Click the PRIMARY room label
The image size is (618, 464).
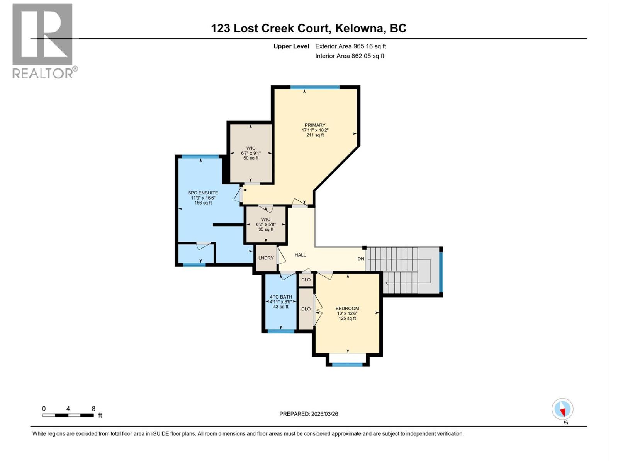[315, 125]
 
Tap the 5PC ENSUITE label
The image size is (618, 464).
[203, 193]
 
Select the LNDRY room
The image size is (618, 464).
[266, 258]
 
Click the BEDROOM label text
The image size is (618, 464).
[347, 309]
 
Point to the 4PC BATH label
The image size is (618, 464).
[281, 297]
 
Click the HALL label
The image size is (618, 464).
[300, 255]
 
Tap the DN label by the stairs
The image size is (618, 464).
[360, 259]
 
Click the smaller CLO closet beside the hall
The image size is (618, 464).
[306, 280]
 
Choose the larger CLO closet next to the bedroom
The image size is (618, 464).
[306, 309]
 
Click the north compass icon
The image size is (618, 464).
[562, 409]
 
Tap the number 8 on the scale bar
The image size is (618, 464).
[93, 409]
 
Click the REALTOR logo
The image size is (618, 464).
[43, 41]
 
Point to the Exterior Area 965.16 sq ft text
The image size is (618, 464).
[350, 46]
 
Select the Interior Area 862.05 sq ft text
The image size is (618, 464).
[350, 56]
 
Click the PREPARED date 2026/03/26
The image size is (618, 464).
[309, 414]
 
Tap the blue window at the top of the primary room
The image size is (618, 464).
[315, 87]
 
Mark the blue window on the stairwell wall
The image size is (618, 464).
[441, 271]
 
